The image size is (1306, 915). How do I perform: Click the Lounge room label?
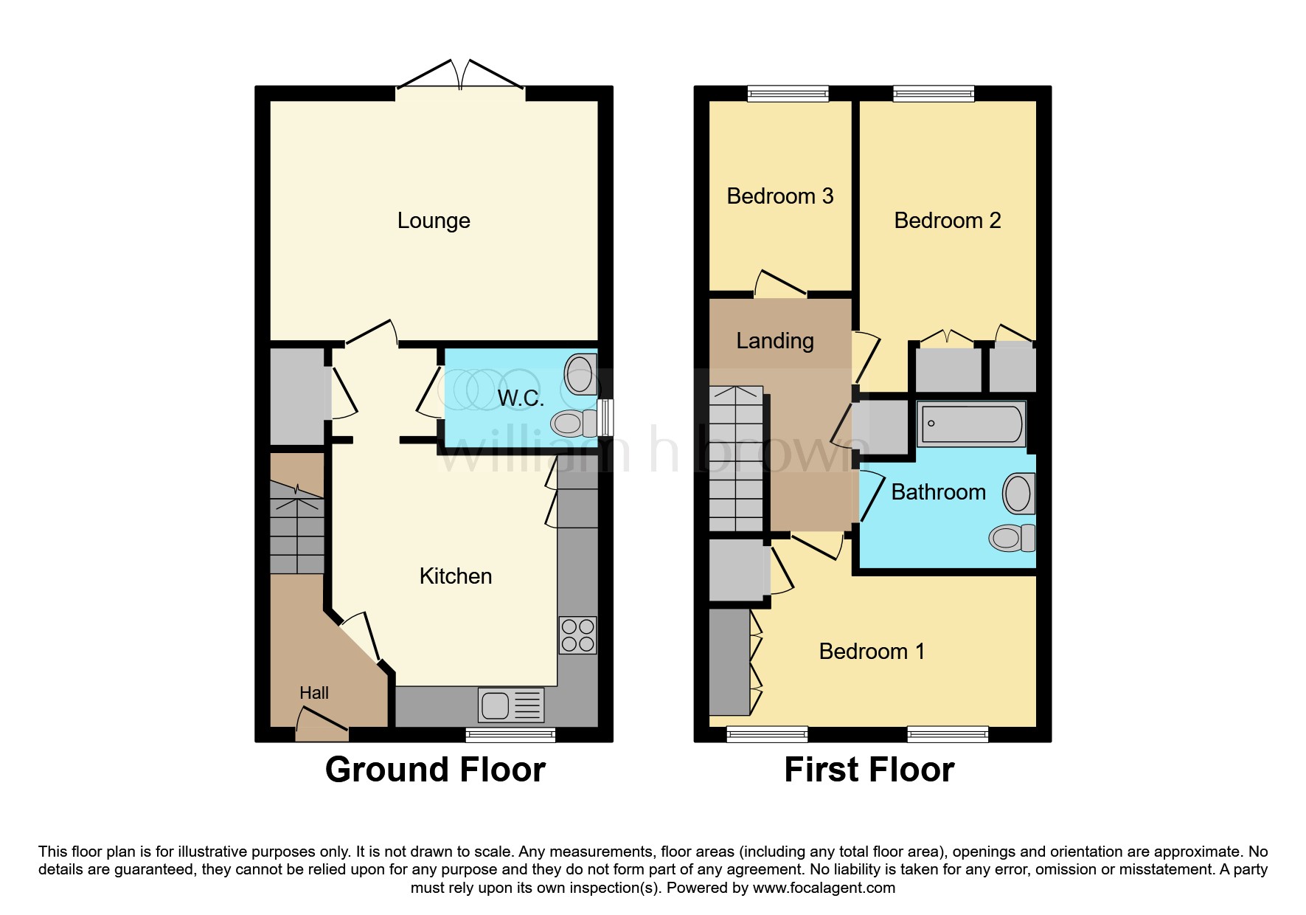[434, 221]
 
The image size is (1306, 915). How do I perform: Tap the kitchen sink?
[511, 705]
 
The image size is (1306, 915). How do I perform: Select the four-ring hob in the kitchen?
[578, 635]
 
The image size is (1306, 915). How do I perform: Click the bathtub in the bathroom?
[971, 424]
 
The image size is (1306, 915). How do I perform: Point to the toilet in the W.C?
[574, 423]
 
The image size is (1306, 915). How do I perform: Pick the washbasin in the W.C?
[580, 373]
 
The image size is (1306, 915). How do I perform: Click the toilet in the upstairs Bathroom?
[1011, 537]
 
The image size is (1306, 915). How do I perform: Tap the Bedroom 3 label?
[780, 196]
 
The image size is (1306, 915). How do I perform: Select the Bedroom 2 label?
[948, 220]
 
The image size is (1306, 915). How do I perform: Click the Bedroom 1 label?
[872, 651]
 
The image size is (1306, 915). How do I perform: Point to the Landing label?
[775, 341]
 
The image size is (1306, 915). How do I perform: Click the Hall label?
[314, 693]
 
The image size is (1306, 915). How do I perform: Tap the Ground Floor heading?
[435, 770]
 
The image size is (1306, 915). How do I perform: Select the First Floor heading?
[869, 770]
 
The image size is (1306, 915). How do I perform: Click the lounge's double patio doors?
[461, 77]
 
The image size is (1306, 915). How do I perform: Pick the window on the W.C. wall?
[605, 418]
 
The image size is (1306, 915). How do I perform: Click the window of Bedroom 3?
[788, 93]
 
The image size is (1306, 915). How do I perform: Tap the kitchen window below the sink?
[510, 734]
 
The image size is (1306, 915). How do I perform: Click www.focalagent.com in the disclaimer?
[824, 888]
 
